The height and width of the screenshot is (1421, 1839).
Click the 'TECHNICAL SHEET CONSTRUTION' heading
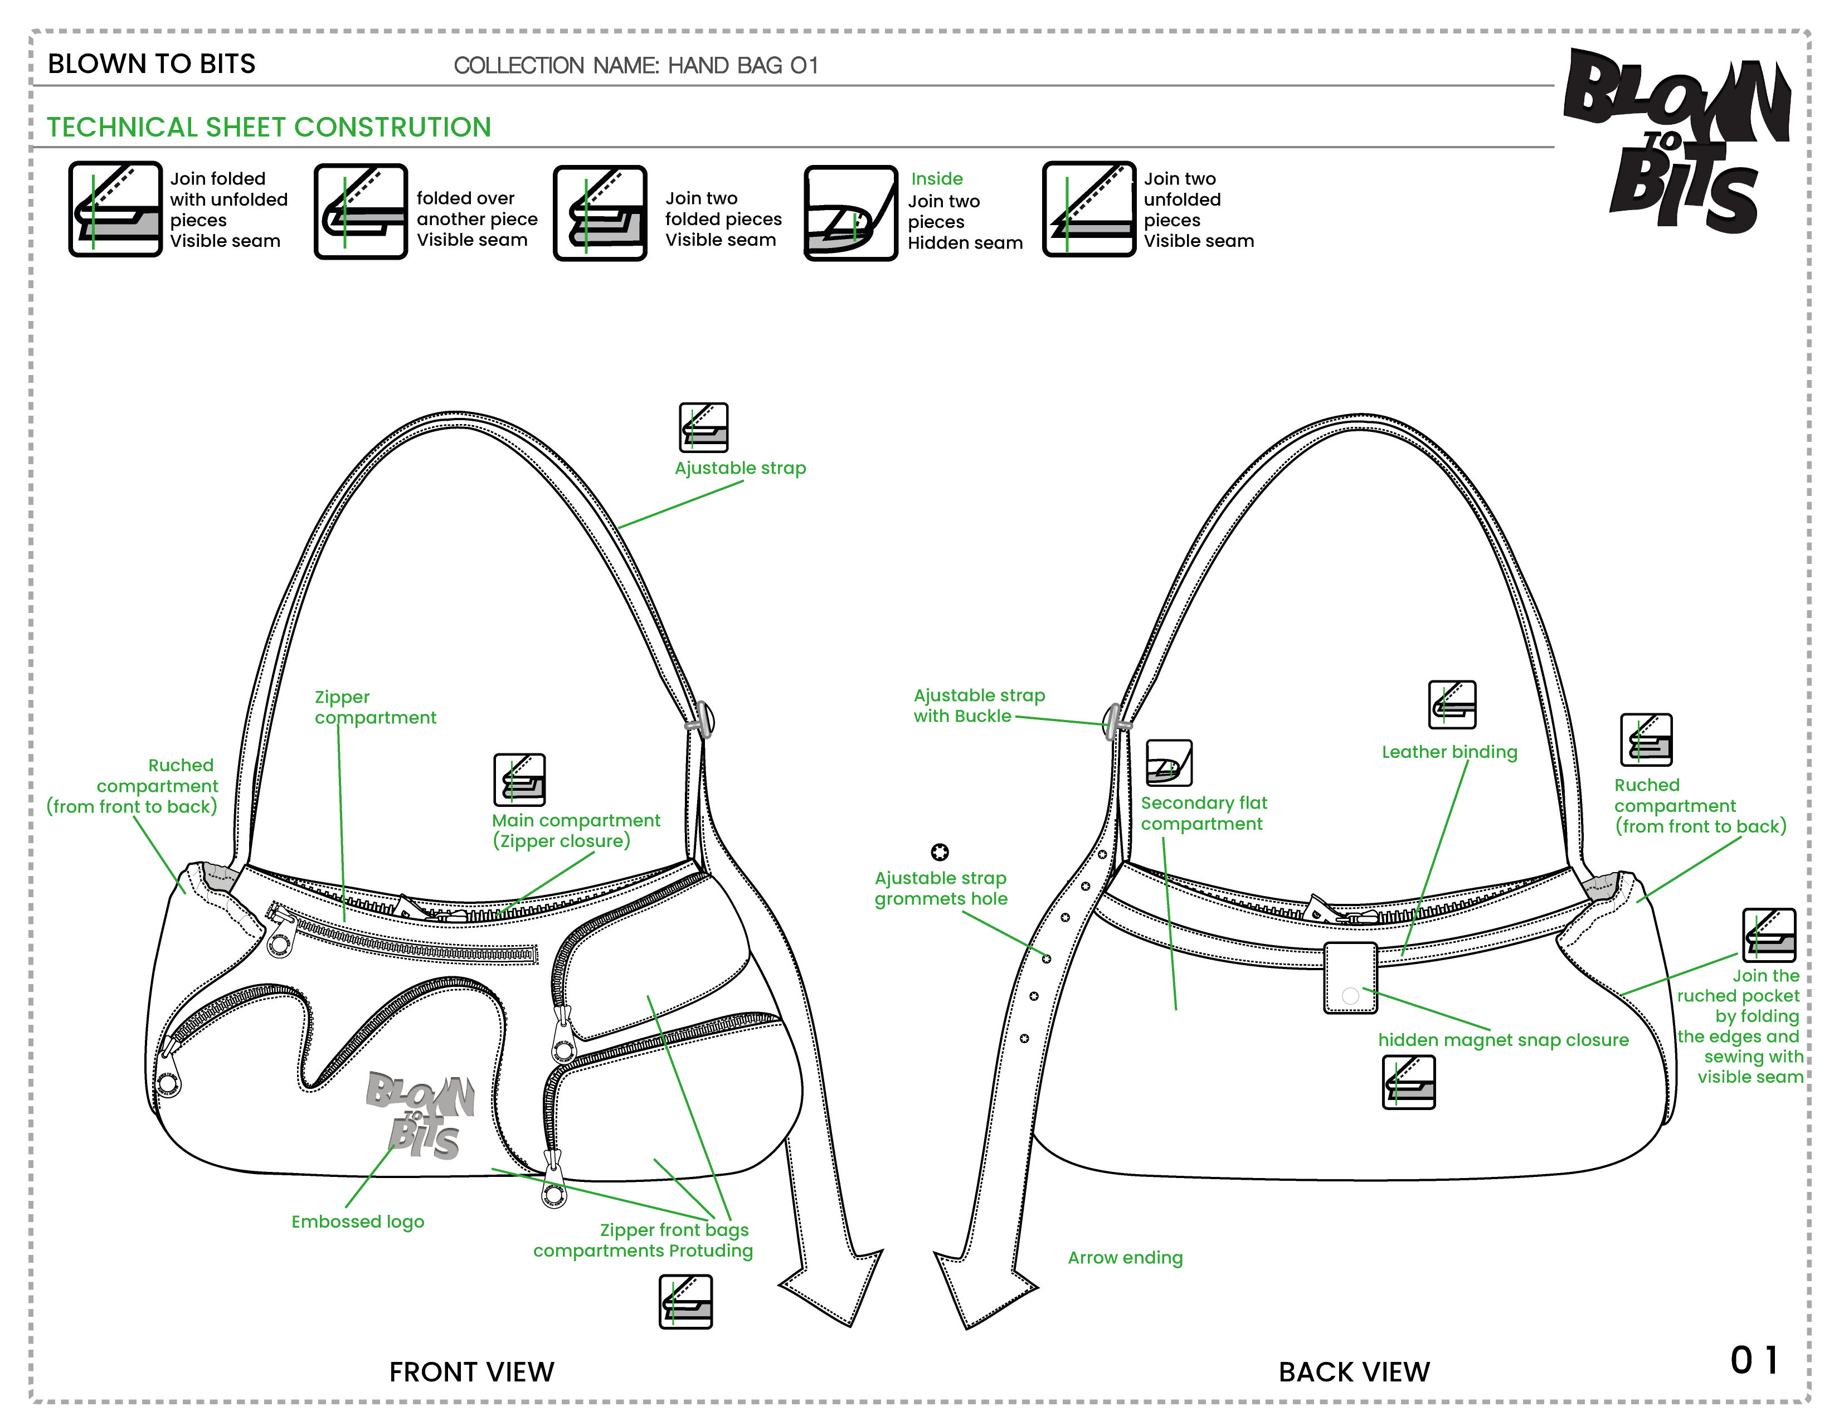click(x=267, y=127)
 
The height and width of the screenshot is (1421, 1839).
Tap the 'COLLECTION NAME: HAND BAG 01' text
click(x=636, y=66)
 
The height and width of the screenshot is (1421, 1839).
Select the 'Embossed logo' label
click(x=357, y=1222)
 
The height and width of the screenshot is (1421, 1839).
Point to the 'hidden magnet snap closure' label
click(x=1503, y=1040)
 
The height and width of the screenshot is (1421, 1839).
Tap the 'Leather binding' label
click(x=1448, y=752)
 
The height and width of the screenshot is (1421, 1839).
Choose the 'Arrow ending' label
click(x=1125, y=1258)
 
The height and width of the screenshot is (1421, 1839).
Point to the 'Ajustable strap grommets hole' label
click(x=941, y=888)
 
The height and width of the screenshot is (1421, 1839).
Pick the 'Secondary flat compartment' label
click(x=1203, y=813)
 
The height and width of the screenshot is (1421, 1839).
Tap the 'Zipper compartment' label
click(x=374, y=707)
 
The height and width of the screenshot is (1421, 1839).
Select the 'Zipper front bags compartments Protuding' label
click(x=643, y=1240)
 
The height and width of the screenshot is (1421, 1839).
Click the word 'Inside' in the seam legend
click(x=936, y=178)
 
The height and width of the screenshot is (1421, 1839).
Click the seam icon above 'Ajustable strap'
click(x=704, y=426)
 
